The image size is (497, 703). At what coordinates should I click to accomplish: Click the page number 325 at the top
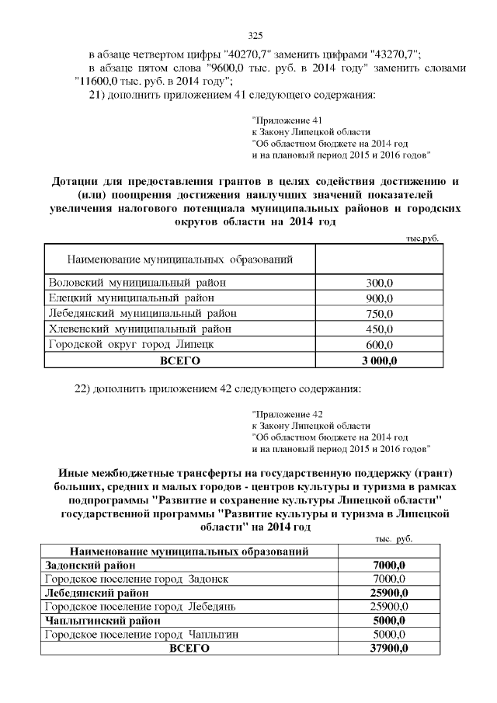pos(256,35)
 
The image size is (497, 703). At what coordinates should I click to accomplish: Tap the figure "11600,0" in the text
pos(98,81)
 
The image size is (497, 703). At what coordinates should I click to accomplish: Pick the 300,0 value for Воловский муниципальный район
pos(379,284)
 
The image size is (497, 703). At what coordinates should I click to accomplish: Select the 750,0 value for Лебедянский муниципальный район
pos(379,314)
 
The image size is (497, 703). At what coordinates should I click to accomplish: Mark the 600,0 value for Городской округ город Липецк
pos(379,344)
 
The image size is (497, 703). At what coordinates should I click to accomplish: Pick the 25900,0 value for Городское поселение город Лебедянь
pos(390,606)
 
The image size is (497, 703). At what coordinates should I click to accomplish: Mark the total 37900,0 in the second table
pos(390,649)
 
